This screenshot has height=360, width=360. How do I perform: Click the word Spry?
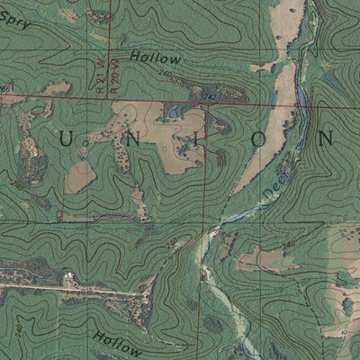pyautogui.click(x=15, y=22)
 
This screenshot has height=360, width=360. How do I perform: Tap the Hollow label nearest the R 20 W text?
pyautogui.click(x=154, y=58)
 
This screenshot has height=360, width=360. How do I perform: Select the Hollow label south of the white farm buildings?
pyautogui.click(x=117, y=343)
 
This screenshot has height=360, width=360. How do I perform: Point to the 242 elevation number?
pyautogui.click(x=210, y=96)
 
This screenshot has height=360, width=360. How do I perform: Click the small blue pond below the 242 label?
pyautogui.click(x=172, y=113)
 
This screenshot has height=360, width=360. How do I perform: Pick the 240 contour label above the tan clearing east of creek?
pyautogui.click(x=288, y=245)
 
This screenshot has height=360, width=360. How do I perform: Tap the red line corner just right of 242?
pyautogui.click(x=208, y=105)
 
